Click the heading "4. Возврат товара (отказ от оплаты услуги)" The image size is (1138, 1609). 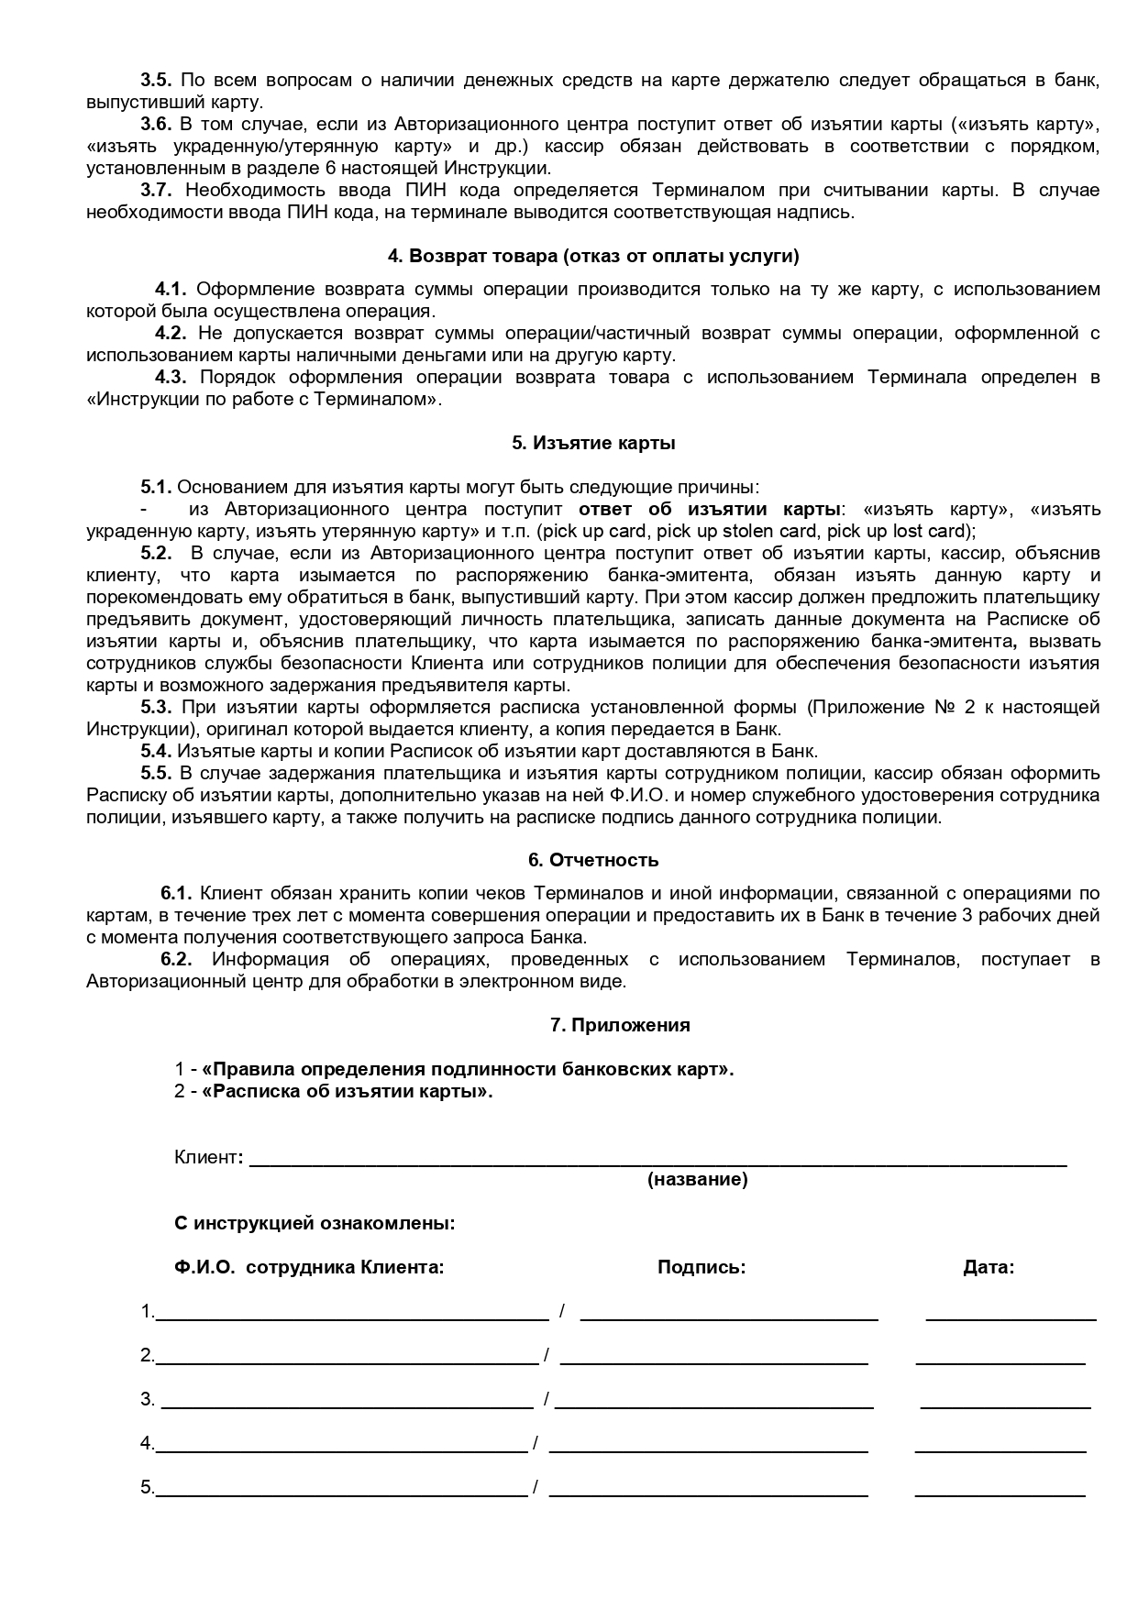click(x=593, y=256)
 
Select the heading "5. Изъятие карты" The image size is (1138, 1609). click(x=593, y=443)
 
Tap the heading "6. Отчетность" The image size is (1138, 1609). click(x=593, y=860)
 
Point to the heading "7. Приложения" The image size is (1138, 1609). click(x=620, y=1025)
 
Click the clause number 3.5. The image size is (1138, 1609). click(x=156, y=81)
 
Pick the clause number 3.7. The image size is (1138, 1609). click(x=156, y=191)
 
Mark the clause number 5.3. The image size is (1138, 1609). click(x=156, y=707)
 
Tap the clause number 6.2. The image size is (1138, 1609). click(x=176, y=959)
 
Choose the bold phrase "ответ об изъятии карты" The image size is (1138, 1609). click(x=710, y=509)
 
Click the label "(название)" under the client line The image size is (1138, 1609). click(x=697, y=1179)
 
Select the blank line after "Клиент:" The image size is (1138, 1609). click(x=657, y=1163)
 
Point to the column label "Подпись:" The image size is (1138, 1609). click(x=702, y=1267)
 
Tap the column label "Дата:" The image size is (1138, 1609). click(x=989, y=1267)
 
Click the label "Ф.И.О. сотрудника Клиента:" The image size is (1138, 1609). click(x=309, y=1267)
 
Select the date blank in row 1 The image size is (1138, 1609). click(x=1011, y=1317)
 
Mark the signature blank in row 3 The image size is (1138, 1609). click(x=713, y=1405)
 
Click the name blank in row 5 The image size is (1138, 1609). click(x=341, y=1493)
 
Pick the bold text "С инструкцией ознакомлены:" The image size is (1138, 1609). click(x=315, y=1223)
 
